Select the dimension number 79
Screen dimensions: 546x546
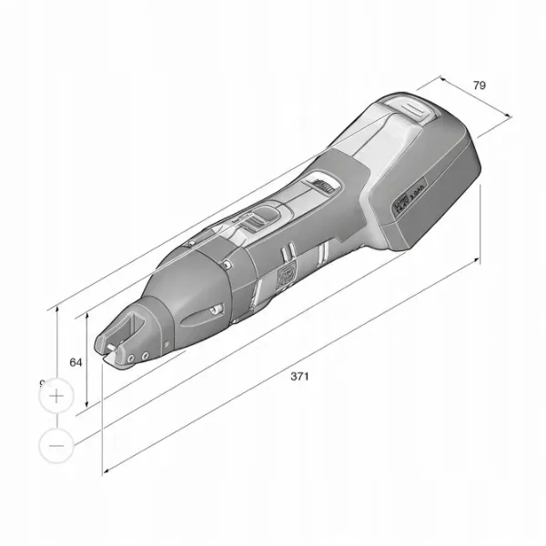[x=480, y=85]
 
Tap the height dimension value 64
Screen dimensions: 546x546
[x=76, y=361]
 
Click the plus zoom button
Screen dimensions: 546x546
[x=56, y=397]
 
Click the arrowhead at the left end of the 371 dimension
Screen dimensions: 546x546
[x=106, y=470]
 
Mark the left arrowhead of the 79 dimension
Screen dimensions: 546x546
[x=444, y=76]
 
